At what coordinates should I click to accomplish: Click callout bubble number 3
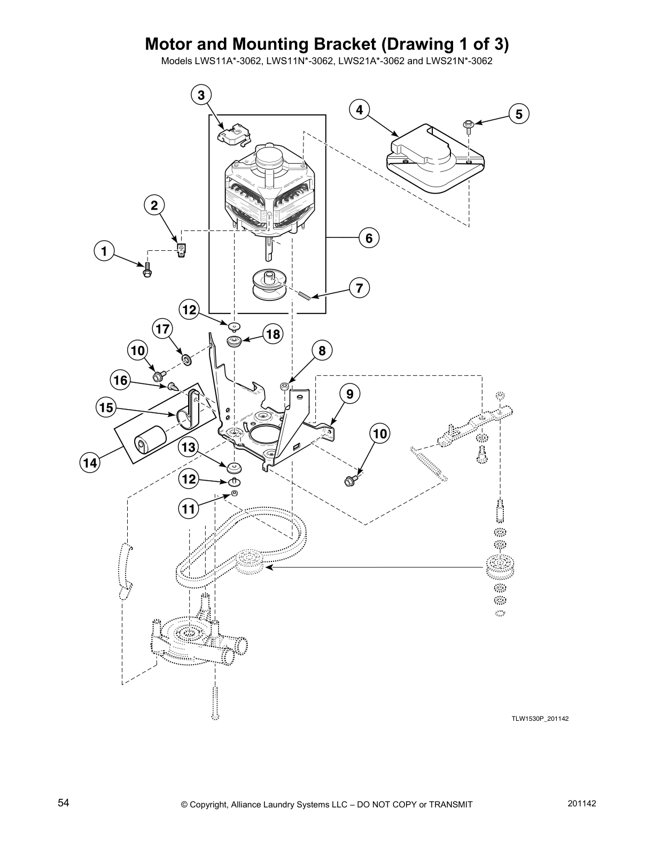[x=201, y=95]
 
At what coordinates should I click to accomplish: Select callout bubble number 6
[x=369, y=237]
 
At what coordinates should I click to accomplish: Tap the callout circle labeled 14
[x=90, y=463]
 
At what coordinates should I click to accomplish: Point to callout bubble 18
[x=272, y=335]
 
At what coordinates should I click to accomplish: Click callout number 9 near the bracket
[x=349, y=394]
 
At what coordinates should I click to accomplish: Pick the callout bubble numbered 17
[x=163, y=328]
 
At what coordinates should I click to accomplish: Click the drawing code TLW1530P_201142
[x=539, y=719]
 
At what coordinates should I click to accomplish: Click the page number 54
[x=64, y=803]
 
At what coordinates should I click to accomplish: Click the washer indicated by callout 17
[x=186, y=358]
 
